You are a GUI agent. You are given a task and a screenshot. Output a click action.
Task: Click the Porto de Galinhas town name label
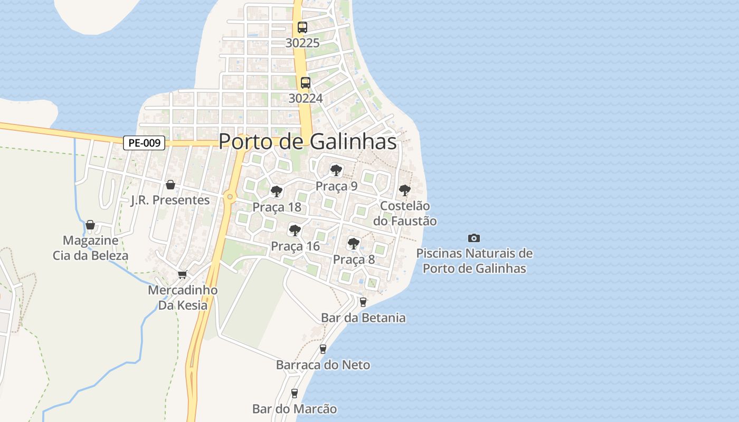click(307, 141)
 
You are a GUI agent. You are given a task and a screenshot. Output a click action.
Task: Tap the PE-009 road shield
click(144, 142)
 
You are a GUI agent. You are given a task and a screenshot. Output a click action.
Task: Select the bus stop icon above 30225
click(302, 27)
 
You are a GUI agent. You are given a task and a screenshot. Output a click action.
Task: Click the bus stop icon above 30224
click(305, 83)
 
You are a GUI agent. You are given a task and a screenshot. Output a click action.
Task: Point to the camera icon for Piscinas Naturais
click(474, 238)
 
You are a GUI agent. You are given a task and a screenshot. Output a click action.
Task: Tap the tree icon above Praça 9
click(336, 170)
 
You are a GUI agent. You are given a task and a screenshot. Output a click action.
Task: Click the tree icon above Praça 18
click(276, 191)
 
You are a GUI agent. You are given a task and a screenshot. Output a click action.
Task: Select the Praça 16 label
click(295, 246)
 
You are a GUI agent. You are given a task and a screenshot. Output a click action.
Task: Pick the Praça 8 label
click(354, 260)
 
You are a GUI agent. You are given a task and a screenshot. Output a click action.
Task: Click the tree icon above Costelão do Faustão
click(404, 190)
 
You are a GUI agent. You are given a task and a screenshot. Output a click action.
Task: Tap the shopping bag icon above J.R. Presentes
click(170, 185)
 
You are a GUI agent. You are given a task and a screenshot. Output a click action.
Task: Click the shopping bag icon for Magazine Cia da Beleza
click(90, 225)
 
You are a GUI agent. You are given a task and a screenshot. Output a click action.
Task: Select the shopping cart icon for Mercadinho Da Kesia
click(183, 274)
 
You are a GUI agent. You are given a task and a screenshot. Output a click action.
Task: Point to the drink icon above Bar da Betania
click(363, 302)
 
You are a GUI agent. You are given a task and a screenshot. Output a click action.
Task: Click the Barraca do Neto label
click(323, 365)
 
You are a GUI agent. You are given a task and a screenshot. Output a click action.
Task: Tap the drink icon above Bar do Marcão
click(295, 394)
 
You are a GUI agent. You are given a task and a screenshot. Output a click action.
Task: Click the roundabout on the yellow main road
click(229, 197)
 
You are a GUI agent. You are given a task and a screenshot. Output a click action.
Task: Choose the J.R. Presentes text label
click(170, 200)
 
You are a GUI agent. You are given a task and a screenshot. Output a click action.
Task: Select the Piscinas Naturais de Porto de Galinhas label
click(474, 261)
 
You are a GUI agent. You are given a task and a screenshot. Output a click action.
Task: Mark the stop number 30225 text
click(302, 43)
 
